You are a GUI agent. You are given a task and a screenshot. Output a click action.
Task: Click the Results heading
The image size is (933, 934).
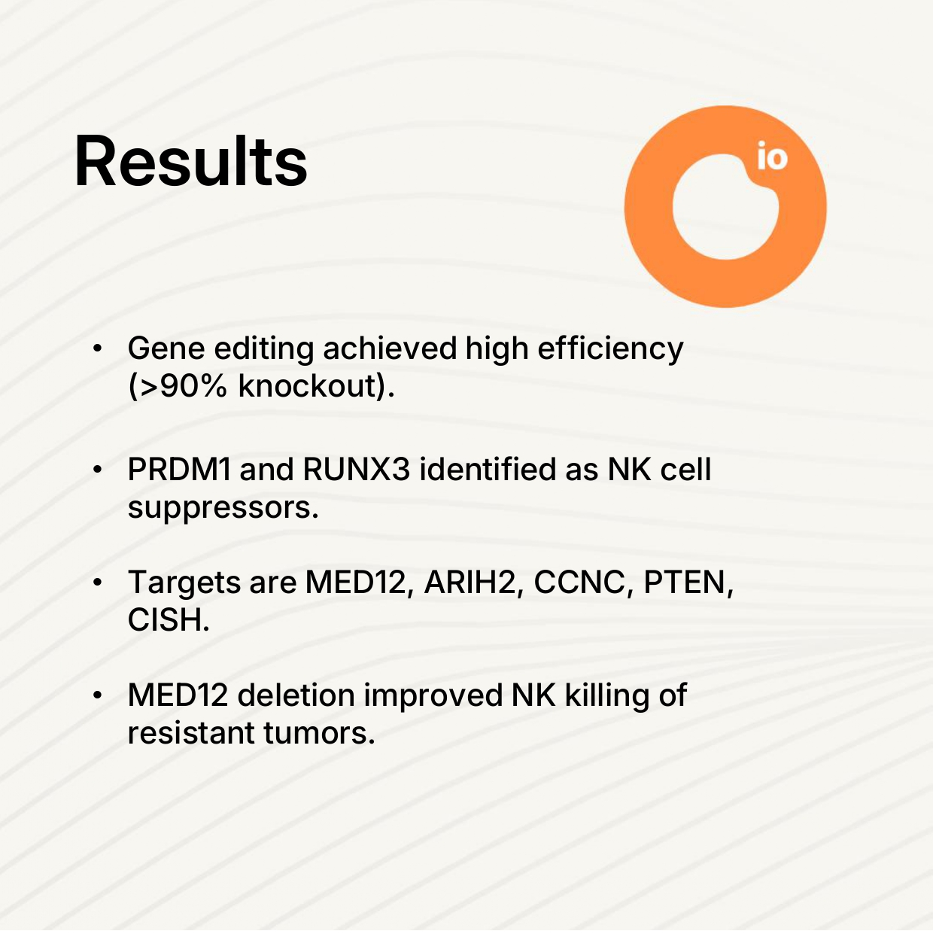pos(190,161)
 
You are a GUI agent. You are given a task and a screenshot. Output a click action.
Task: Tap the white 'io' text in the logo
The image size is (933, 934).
pos(772,156)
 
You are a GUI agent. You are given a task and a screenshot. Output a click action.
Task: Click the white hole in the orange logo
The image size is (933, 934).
pos(725,207)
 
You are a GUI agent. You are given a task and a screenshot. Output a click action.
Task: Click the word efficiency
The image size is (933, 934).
pos(611,349)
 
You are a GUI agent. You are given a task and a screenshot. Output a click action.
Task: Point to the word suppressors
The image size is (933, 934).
pos(223,507)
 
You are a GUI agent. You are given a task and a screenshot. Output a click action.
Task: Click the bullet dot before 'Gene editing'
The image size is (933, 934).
pos(97,348)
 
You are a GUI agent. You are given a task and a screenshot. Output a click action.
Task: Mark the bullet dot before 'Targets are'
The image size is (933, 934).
pos(97,583)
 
